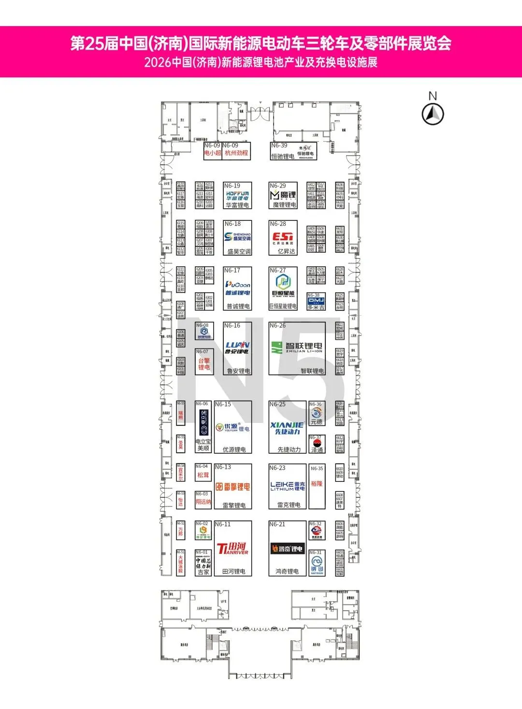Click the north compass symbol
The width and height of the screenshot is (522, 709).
(433, 115)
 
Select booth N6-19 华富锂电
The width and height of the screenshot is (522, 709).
(237, 195)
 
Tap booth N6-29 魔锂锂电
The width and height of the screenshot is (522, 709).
(283, 195)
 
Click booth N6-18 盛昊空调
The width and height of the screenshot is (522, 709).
(237, 238)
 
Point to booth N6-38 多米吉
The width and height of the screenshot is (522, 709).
(316, 302)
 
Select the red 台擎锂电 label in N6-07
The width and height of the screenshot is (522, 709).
(204, 364)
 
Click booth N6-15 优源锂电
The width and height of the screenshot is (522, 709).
(233, 427)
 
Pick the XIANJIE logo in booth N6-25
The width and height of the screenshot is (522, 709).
(287, 428)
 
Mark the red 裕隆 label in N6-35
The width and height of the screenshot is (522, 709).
(317, 483)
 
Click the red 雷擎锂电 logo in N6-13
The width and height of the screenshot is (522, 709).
(233, 487)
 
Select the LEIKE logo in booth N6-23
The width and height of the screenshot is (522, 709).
(288, 486)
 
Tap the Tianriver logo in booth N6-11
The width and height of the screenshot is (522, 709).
(232, 549)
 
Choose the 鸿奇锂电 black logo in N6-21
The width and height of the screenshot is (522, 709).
(287, 549)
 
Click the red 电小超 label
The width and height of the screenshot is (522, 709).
(212, 153)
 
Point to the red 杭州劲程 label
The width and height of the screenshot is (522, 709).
(236, 153)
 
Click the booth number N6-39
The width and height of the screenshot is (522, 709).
(279, 145)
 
